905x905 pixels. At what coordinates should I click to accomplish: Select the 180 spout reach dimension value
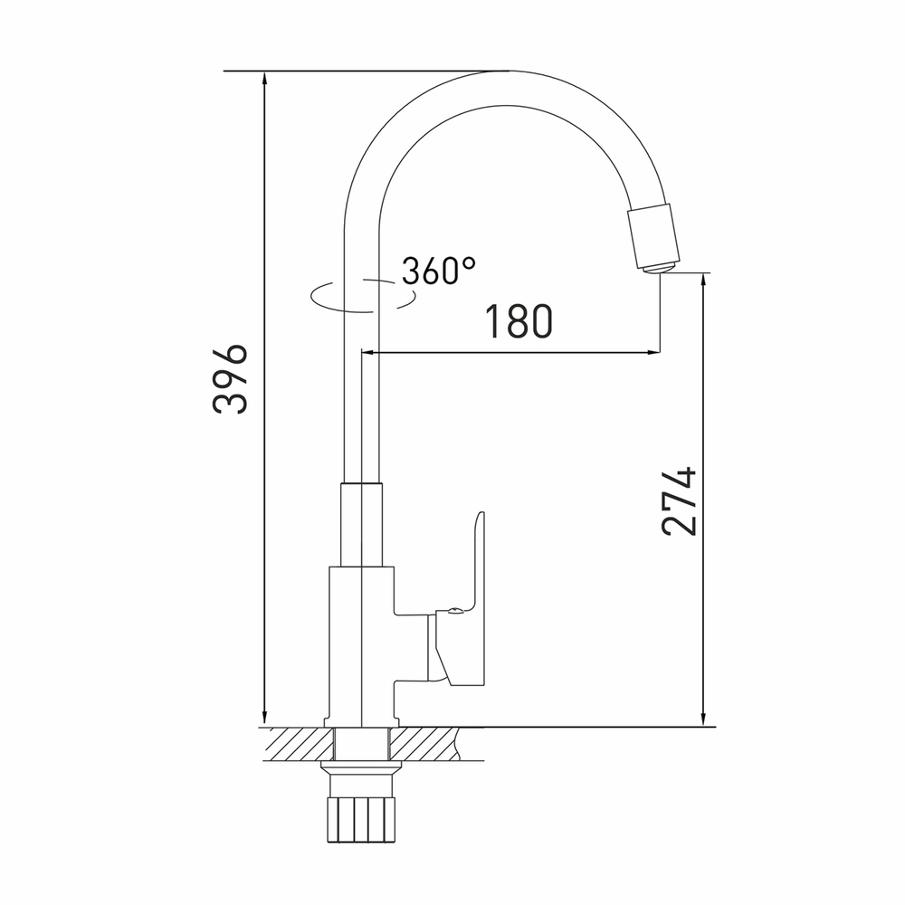(519, 321)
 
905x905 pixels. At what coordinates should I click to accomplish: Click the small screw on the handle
(453, 613)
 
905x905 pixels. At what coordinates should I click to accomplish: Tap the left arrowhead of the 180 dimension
(368, 351)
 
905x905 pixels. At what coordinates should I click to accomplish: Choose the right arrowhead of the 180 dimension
(653, 351)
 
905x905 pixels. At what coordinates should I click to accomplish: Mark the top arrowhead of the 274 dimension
(703, 281)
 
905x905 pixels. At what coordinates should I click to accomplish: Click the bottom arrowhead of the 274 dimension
(703, 719)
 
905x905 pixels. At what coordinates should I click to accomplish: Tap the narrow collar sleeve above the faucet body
(361, 524)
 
